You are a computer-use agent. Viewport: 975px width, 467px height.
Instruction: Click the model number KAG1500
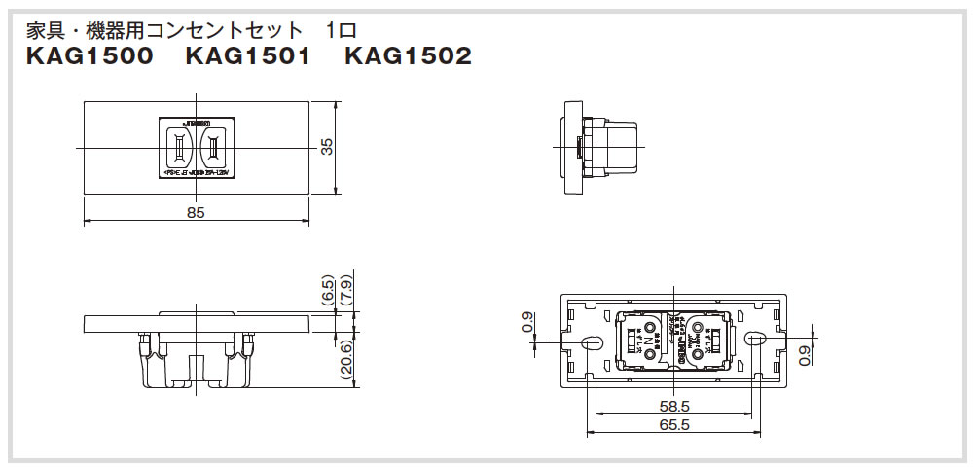[90, 56]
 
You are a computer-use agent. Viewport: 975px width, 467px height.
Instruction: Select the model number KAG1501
[247, 56]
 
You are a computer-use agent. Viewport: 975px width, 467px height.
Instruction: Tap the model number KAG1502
[408, 56]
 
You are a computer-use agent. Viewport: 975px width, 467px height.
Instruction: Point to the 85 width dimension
[196, 212]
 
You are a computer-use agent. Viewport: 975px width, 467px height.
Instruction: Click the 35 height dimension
[327, 147]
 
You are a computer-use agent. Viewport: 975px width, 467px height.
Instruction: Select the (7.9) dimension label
[346, 290]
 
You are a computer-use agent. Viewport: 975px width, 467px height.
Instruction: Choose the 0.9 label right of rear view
[803, 355]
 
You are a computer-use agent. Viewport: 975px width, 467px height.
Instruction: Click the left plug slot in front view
[180, 148]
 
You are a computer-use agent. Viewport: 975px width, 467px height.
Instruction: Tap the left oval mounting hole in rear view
[590, 340]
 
